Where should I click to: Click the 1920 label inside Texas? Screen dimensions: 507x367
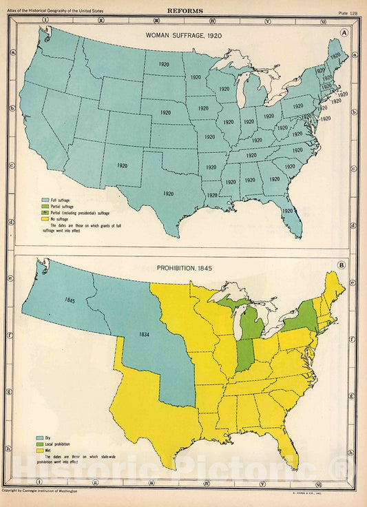coord(169,194)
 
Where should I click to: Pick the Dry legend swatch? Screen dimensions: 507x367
coord(43,438)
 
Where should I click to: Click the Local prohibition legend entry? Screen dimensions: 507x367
coord(61,445)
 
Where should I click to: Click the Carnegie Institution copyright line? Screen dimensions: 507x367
coord(39,490)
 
